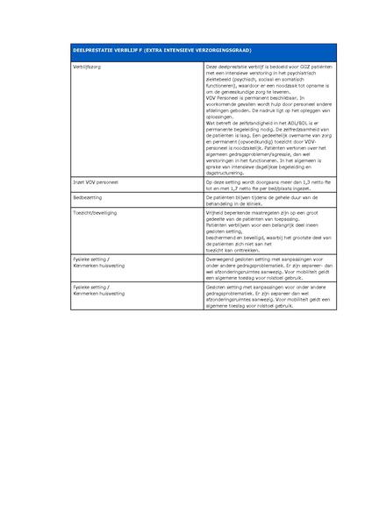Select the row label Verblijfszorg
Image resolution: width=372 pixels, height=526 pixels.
[86, 66]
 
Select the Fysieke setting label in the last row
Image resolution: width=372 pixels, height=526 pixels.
[90, 287]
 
